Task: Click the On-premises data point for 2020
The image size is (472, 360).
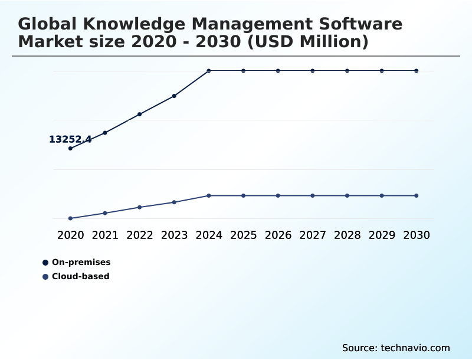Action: pyautogui.click(x=70, y=148)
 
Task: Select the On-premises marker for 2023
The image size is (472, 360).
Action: pyautogui.click(x=174, y=96)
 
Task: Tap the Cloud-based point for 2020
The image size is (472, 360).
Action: pyautogui.click(x=70, y=218)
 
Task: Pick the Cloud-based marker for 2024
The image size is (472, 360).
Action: pyautogui.click(x=209, y=195)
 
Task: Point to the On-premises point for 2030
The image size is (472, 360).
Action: pyautogui.click(x=417, y=71)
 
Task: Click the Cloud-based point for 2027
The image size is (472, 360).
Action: pyautogui.click(x=313, y=195)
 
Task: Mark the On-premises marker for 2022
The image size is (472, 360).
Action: pyautogui.click(x=140, y=114)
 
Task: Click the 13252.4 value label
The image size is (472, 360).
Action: pyautogui.click(x=70, y=140)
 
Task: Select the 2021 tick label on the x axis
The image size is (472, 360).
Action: pyautogui.click(x=105, y=235)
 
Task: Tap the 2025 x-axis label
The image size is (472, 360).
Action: pyautogui.click(x=243, y=235)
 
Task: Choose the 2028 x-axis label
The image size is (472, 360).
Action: pyautogui.click(x=347, y=235)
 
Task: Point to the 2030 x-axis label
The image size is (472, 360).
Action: pyautogui.click(x=417, y=235)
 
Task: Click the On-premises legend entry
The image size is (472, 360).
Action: pyautogui.click(x=81, y=262)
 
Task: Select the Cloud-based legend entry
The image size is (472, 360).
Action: pyautogui.click(x=80, y=276)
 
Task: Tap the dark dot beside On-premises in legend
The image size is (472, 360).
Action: pyautogui.click(x=45, y=262)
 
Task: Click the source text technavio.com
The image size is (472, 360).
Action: pyautogui.click(x=415, y=348)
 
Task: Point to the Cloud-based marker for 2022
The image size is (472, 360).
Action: pyautogui.click(x=140, y=207)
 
